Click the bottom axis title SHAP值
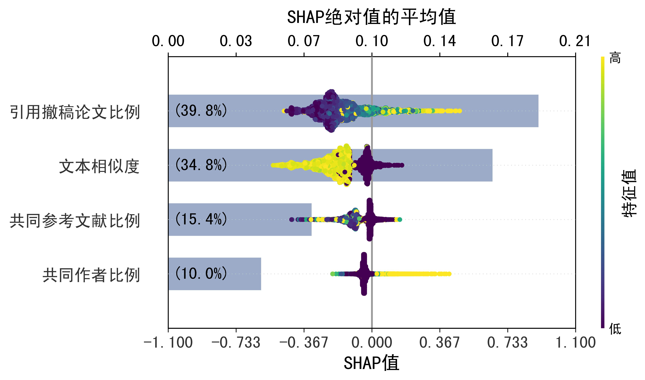pos(371,363)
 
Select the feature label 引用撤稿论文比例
pos(75,112)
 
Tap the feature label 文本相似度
pos(99,166)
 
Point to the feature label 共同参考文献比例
pos(75,221)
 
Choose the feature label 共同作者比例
pos(91,275)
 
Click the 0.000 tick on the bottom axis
pos(372,343)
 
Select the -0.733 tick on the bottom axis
pos(236,343)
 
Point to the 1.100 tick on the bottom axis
pos(575,343)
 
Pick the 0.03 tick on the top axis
pos(236,41)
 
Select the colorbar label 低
pos(615,329)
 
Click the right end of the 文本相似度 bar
pos(492,165)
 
